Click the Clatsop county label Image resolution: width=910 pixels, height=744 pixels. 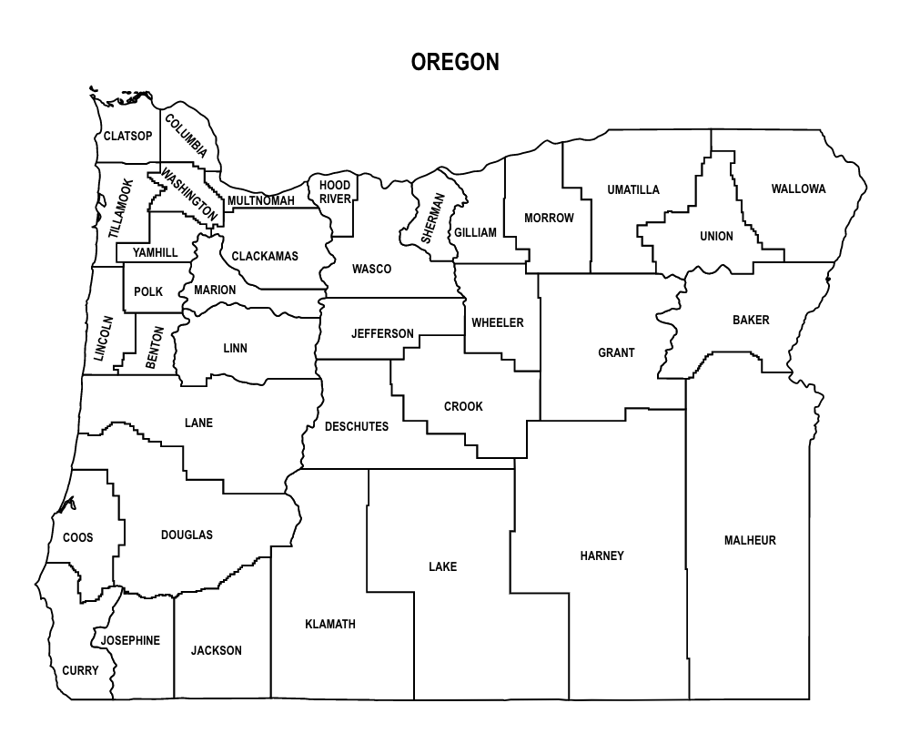(127, 137)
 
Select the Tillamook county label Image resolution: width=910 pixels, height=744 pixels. (120, 209)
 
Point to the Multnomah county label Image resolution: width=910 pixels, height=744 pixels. (261, 200)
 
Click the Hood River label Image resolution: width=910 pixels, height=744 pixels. (335, 192)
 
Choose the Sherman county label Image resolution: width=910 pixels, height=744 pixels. (432, 217)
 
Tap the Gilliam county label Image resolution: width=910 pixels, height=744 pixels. (476, 232)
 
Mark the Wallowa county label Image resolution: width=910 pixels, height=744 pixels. (798, 189)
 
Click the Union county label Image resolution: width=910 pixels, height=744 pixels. (716, 237)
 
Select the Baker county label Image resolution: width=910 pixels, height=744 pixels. (751, 320)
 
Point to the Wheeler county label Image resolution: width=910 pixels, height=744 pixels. (498, 323)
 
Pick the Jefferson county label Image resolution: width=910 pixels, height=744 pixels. (382, 334)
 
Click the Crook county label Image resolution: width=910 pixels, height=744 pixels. (463, 406)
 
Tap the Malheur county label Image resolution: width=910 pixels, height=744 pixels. (750, 540)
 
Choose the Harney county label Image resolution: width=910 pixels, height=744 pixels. (602, 555)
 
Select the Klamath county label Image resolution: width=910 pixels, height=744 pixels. (330, 625)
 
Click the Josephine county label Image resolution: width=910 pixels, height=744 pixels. (130, 640)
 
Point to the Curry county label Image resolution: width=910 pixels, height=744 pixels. (80, 671)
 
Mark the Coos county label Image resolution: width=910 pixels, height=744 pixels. (78, 538)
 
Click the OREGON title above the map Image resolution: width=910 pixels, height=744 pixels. (454, 63)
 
